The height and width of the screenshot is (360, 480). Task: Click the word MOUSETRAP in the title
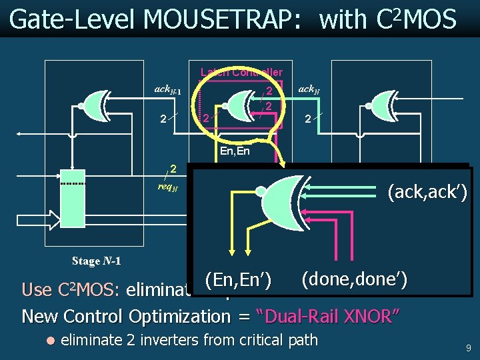tap(223, 20)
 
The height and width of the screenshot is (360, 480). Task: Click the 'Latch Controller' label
tap(241, 72)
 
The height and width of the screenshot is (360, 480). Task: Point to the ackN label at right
tap(309, 89)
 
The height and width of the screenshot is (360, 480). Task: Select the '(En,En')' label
tap(237, 281)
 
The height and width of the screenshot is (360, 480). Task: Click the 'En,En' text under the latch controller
tap(235, 151)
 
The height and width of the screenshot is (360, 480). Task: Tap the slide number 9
tap(469, 347)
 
